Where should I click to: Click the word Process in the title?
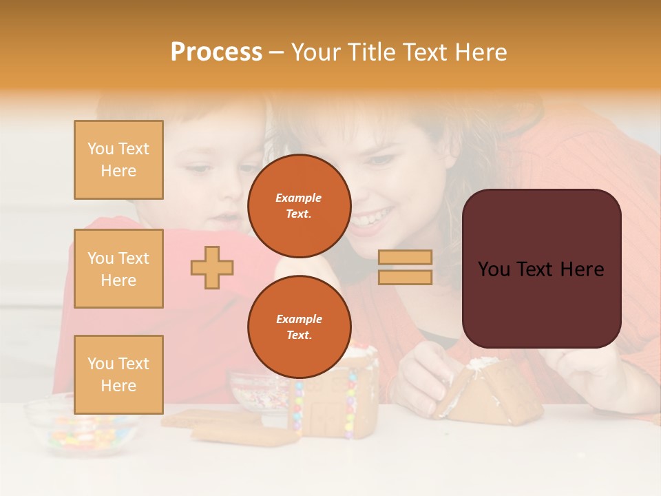pyautogui.click(x=216, y=52)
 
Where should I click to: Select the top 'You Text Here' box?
pyautogui.click(x=118, y=160)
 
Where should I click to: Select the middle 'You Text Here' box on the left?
pyautogui.click(x=118, y=269)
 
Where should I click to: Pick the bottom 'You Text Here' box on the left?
pyautogui.click(x=118, y=374)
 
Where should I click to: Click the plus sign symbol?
pyautogui.click(x=212, y=267)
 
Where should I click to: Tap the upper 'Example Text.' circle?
pyautogui.click(x=299, y=205)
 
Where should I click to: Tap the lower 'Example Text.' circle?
pyautogui.click(x=299, y=327)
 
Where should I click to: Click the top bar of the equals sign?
pyautogui.click(x=405, y=258)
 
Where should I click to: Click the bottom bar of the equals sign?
pyautogui.click(x=405, y=277)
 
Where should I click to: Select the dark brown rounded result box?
pyautogui.click(x=541, y=269)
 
